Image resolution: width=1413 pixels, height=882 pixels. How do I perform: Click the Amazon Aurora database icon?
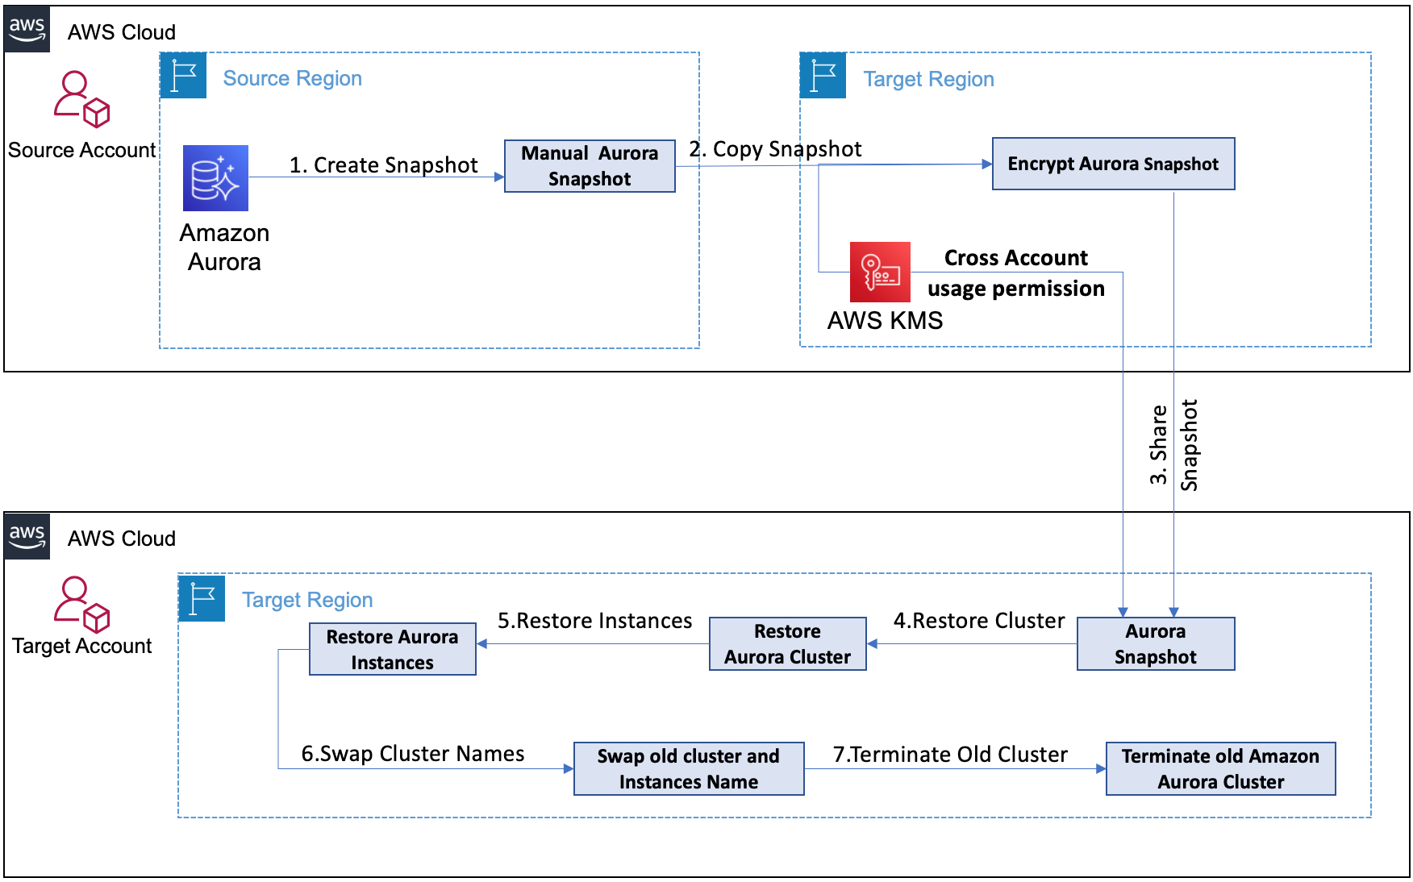[215, 178]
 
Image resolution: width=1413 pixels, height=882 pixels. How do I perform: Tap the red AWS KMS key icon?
[880, 272]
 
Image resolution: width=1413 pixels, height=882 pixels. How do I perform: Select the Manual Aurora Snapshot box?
[590, 166]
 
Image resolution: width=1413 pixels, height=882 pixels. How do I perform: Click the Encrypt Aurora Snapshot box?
[1113, 164]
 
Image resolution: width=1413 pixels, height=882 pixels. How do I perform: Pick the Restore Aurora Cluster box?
[787, 643]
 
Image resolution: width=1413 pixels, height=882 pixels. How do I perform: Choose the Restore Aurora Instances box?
[392, 649]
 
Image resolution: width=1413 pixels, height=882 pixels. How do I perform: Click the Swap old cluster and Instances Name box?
[688, 768]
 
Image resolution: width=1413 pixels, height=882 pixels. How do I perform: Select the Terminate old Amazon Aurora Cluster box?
[1220, 768]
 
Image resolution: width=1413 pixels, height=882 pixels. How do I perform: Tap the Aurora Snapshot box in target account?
[1155, 643]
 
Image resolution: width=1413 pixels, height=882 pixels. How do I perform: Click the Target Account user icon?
[81, 604]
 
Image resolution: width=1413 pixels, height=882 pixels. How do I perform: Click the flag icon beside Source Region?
[184, 76]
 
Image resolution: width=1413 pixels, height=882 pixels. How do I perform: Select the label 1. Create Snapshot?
[383, 165]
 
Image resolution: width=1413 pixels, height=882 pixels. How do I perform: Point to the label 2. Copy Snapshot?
[775, 149]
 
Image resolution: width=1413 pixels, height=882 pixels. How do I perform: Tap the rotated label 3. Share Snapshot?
[1173, 445]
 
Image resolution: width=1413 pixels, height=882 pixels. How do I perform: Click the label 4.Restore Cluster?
[978, 621]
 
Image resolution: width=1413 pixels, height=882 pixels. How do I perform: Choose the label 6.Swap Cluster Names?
[412, 754]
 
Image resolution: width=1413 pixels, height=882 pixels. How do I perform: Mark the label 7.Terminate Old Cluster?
[950, 755]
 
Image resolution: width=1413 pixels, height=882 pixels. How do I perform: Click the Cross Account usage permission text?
[1015, 273]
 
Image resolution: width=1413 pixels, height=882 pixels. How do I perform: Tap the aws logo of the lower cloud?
[27, 536]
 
